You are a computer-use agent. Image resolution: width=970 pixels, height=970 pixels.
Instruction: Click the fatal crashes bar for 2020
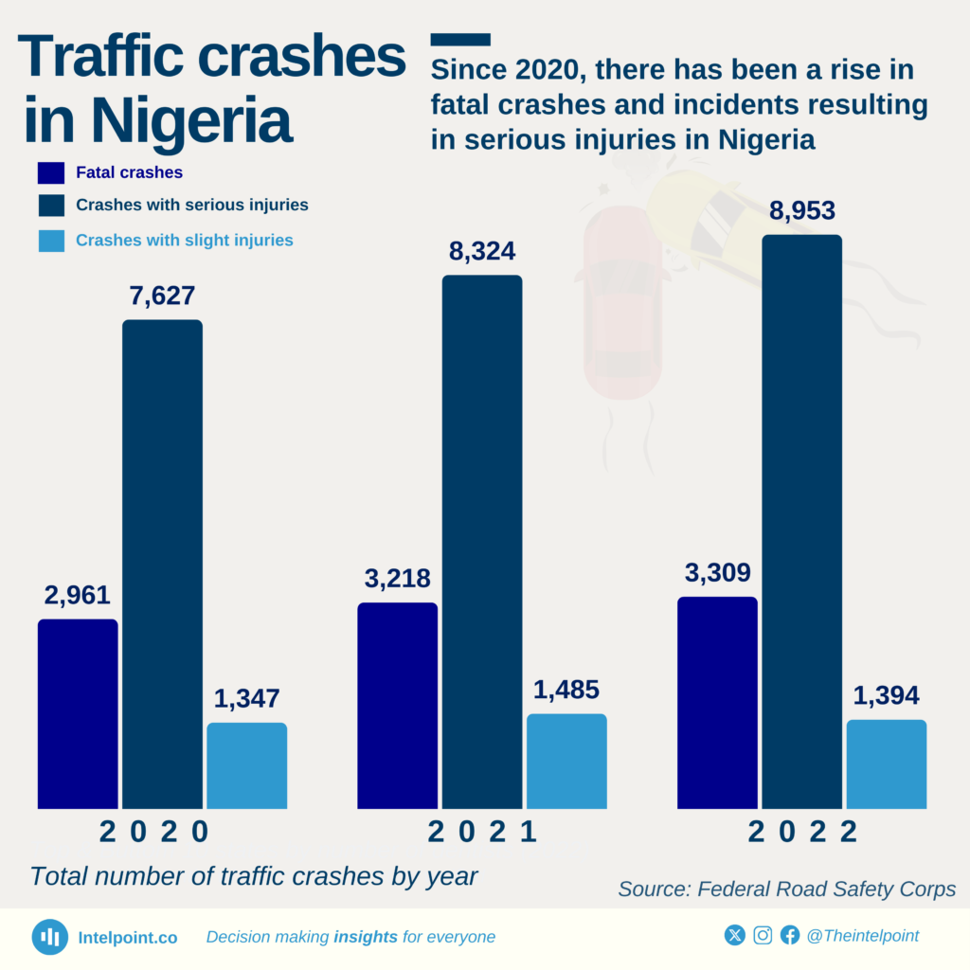click(78, 714)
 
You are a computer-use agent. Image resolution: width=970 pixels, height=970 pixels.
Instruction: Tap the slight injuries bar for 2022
click(886, 764)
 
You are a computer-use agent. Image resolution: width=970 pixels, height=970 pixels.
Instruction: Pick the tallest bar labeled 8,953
click(801, 521)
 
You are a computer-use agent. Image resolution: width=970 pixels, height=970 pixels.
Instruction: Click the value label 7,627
click(162, 296)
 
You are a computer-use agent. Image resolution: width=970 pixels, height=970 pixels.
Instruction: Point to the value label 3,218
click(397, 579)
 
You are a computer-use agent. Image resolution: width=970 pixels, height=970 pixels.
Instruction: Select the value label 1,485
click(566, 691)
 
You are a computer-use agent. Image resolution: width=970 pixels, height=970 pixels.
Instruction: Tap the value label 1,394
click(886, 696)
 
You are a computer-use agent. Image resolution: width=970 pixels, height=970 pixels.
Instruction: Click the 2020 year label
click(154, 832)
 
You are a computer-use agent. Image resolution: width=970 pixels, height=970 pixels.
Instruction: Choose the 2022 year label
click(802, 832)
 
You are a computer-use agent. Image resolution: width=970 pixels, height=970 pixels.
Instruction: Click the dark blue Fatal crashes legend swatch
click(51, 173)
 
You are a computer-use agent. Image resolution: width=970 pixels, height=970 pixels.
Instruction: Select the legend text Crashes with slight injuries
click(185, 241)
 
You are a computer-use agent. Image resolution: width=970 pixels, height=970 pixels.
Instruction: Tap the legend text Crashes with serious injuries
click(192, 205)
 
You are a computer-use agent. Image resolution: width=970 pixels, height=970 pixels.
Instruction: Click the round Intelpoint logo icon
click(49, 937)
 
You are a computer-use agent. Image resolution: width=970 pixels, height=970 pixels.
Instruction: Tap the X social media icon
click(735, 936)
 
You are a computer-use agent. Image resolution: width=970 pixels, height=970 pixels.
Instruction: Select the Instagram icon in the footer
click(763, 936)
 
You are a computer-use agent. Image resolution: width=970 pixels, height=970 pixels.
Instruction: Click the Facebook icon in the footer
click(790, 936)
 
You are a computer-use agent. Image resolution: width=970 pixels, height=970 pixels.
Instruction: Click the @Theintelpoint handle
click(862, 936)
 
